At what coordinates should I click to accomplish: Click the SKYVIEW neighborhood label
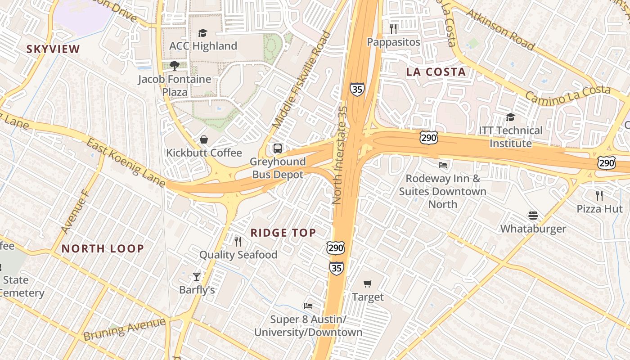coord(53,49)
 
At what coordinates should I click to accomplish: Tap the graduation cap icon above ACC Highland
coord(203,33)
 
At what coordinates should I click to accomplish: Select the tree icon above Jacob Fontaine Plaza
coord(175,66)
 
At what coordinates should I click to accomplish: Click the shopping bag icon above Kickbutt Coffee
coord(204,139)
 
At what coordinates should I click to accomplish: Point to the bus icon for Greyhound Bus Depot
coord(278,148)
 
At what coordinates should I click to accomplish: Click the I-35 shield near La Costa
coord(357,89)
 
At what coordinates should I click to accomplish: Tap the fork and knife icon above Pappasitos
coord(394,29)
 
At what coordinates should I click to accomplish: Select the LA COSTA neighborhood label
coord(436,72)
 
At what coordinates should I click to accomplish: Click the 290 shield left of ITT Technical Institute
coord(428,138)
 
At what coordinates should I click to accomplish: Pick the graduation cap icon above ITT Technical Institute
coord(510,117)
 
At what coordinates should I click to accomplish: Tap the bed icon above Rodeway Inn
coord(443,165)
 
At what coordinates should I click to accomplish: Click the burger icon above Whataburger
coord(533,215)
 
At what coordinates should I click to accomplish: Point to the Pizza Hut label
coord(599,209)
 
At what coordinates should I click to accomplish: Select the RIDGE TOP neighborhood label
coord(283,233)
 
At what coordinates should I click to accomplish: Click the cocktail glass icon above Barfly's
coord(197,276)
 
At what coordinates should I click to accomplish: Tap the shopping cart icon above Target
coord(368,283)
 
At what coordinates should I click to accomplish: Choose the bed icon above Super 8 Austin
coord(308,306)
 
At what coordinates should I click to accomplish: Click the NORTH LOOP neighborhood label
coord(103,248)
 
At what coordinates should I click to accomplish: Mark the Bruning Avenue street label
coord(124,329)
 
